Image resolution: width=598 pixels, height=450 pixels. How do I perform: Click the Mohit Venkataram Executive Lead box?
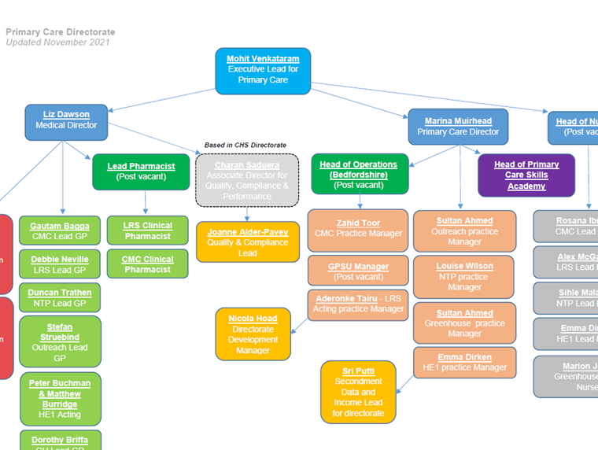point(263,70)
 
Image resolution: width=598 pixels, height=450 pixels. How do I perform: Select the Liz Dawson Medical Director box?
point(66,120)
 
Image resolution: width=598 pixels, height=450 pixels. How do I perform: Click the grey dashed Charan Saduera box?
point(247,181)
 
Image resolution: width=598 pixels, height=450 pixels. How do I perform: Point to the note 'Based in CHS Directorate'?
point(245,146)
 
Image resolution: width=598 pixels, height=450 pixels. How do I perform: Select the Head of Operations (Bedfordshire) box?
point(358,175)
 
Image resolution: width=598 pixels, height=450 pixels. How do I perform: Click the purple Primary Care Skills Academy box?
point(526,175)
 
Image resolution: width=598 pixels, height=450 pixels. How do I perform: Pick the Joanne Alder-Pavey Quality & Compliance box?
point(247,242)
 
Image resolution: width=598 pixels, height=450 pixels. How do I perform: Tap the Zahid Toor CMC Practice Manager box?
point(358,229)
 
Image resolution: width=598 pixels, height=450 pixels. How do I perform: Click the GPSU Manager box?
point(358,271)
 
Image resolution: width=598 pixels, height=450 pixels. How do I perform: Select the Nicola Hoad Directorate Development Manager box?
point(253,334)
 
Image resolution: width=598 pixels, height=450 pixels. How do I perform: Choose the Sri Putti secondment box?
point(358,392)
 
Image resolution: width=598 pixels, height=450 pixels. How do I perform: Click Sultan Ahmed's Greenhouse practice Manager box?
point(464,323)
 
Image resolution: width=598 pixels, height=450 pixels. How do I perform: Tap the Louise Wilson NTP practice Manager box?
point(464,277)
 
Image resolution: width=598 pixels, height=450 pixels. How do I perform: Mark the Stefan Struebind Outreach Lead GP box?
point(60,341)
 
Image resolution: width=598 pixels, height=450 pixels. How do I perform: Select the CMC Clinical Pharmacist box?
point(147,264)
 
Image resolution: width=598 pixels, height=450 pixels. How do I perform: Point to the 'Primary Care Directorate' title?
point(61,32)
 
